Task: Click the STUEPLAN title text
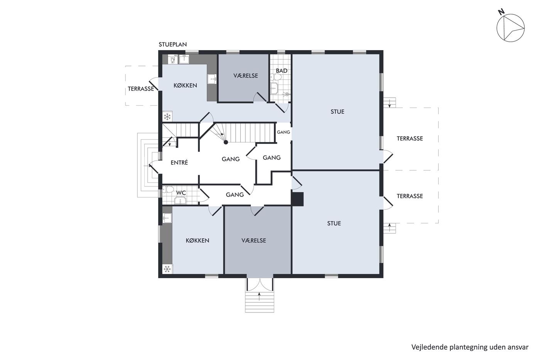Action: [173, 45]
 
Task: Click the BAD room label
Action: [282, 71]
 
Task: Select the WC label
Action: [181, 193]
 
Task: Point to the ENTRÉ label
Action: [179, 162]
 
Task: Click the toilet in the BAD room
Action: [276, 77]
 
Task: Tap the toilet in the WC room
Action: [168, 189]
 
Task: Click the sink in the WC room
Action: [181, 201]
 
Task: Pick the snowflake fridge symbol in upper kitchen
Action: [167, 117]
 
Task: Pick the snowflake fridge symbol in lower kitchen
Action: [167, 269]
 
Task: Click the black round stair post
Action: [226, 142]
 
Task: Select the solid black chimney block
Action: [297, 199]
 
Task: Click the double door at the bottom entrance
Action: [259, 285]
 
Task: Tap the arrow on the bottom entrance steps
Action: [259, 296]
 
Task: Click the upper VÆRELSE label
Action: [246, 76]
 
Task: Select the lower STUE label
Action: [334, 223]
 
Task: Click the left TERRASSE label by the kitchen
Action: [141, 89]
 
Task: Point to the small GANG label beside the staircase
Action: [283, 132]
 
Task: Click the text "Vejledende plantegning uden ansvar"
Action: [470, 347]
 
